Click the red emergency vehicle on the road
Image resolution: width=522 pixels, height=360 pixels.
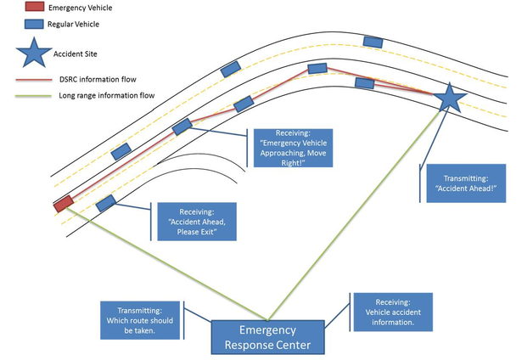(x=63, y=204)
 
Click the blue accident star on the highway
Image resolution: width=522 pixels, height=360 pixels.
(x=449, y=100)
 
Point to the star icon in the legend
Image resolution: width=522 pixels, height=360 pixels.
(x=32, y=53)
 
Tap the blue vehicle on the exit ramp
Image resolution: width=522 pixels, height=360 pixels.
(x=106, y=204)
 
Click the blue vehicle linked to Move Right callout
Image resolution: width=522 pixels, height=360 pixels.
(x=182, y=127)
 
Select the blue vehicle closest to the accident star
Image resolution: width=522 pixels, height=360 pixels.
(x=365, y=82)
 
